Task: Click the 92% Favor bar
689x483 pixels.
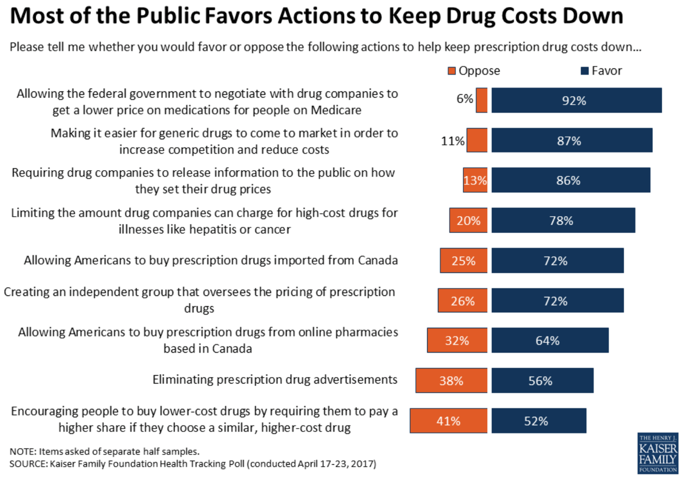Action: (576, 100)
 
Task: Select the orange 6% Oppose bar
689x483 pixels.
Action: (482, 100)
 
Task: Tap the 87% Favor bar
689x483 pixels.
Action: (572, 141)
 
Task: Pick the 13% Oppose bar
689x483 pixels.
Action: (475, 180)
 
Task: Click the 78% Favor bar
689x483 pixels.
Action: (563, 220)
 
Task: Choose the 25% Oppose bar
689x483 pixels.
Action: (463, 261)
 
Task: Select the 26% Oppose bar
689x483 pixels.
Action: (462, 301)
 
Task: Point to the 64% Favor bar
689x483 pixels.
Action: (549, 340)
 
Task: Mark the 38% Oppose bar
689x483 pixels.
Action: (451, 381)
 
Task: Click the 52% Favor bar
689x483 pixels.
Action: (539, 421)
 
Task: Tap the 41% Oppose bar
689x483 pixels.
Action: (448, 421)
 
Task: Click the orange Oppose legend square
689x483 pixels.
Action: (451, 71)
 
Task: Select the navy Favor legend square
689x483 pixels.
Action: (585, 71)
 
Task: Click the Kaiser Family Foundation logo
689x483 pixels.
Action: (657, 453)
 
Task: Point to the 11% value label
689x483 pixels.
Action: (452, 141)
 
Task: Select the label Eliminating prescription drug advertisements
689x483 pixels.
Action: (275, 380)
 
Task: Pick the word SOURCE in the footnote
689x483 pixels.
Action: (28, 464)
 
